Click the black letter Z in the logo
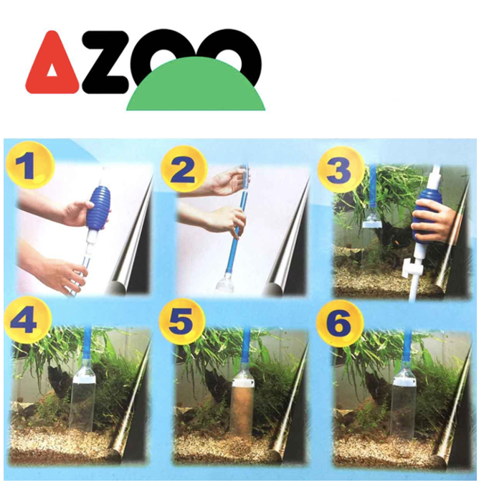coord(105,62)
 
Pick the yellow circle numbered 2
coord(184,169)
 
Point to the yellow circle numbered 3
coord(341,169)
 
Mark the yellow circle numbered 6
coord(339,321)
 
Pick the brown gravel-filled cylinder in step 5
coord(242,406)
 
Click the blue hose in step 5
coord(246,347)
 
